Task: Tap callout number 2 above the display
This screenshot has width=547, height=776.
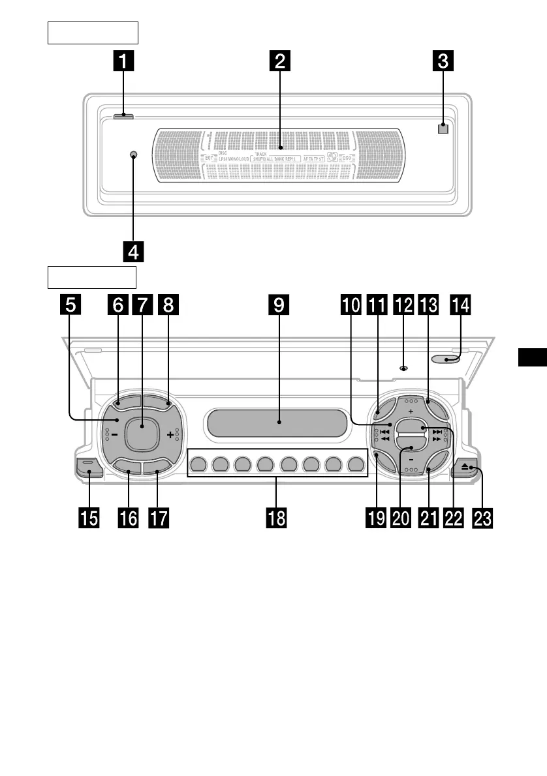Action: click(x=279, y=62)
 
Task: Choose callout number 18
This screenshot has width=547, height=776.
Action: click(x=278, y=518)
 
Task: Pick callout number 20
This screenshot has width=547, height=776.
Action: click(x=401, y=518)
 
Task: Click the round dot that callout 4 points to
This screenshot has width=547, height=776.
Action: click(x=133, y=155)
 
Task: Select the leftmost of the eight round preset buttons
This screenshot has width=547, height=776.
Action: click(x=199, y=465)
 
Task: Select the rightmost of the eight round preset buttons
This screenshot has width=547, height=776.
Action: click(x=356, y=465)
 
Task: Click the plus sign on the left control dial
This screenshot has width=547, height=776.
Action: click(x=170, y=434)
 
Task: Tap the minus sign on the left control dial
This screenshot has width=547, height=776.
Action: click(x=114, y=434)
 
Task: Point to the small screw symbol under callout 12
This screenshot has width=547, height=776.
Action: click(x=403, y=368)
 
